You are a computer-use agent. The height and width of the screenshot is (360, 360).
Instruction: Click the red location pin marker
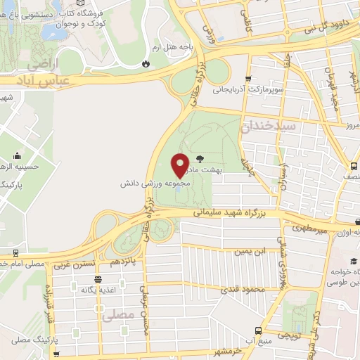181,165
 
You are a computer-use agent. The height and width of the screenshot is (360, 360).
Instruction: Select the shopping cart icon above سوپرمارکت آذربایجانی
247,79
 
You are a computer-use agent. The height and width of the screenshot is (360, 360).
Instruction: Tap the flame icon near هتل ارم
146,63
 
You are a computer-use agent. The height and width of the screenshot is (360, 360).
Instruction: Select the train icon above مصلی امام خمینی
15,252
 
